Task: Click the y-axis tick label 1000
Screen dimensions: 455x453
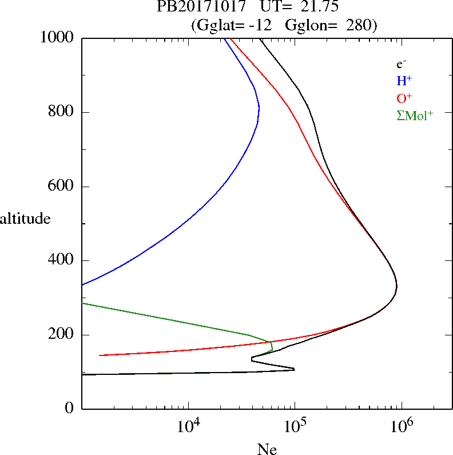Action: pos(58,38)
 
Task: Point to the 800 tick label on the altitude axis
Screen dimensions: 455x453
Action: pos(62,112)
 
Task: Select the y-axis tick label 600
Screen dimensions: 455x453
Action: pos(62,187)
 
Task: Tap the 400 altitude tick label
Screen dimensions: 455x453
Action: pos(62,260)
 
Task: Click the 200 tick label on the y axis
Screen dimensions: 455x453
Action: pos(62,335)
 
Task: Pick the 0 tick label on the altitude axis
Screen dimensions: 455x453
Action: pos(70,409)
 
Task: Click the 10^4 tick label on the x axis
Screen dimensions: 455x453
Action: pos(188,427)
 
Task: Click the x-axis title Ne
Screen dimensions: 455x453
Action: pos(267,449)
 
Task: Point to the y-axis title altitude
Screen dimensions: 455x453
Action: pos(25,218)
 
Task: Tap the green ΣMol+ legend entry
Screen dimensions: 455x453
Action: pos(414,116)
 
